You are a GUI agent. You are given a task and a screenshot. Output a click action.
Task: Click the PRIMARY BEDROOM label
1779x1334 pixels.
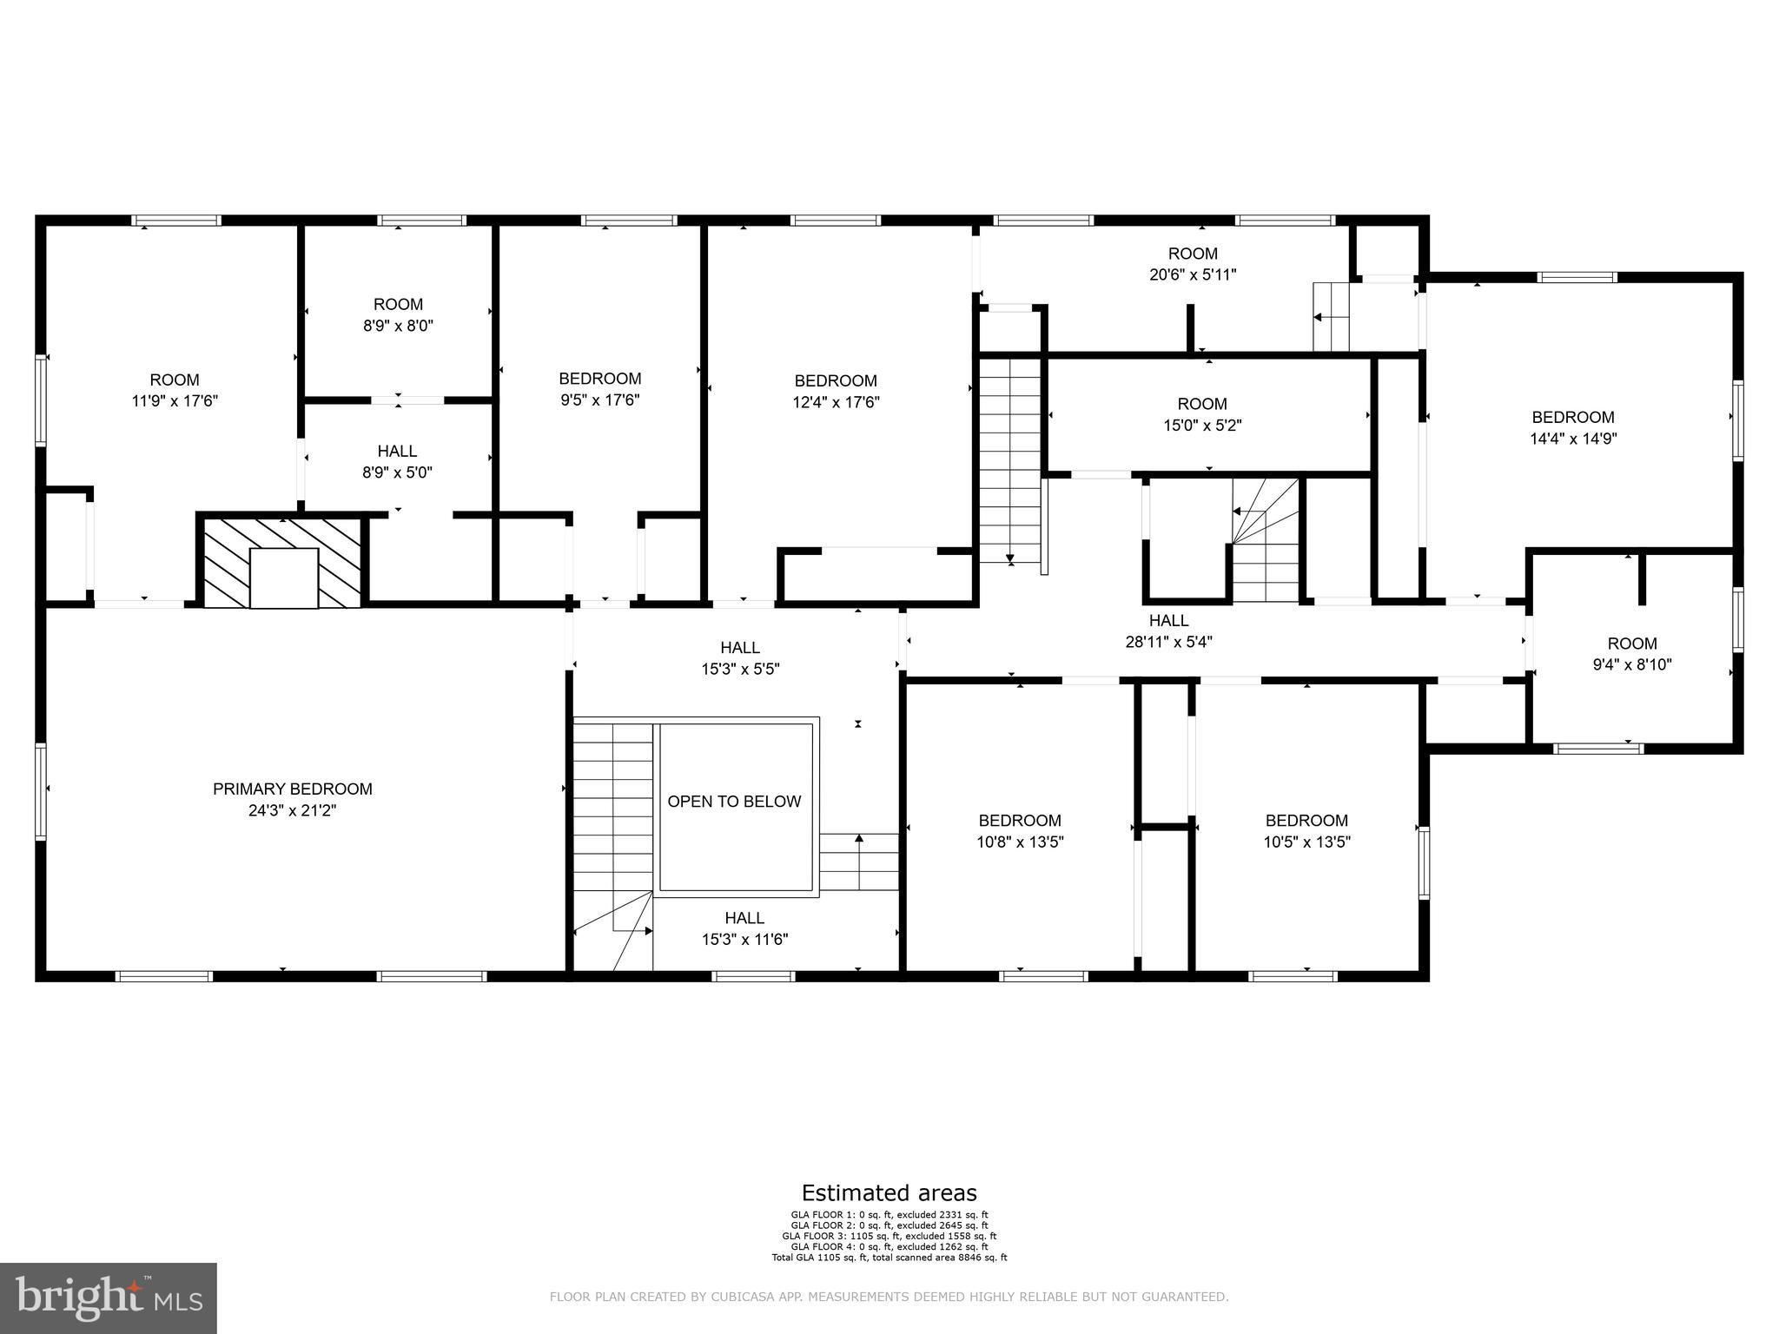pos(292,789)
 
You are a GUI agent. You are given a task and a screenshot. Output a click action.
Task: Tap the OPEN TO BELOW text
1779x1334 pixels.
pos(734,802)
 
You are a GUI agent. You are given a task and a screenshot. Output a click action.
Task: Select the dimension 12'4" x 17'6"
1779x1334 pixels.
pos(836,402)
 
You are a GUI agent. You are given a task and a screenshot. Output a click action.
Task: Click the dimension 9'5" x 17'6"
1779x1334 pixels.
pos(599,400)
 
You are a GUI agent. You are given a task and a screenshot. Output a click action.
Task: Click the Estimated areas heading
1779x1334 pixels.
pos(889,1192)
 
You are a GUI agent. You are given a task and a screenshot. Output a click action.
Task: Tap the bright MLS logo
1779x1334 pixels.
pos(108,1298)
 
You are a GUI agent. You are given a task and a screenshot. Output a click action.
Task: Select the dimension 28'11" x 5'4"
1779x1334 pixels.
pos(1168,643)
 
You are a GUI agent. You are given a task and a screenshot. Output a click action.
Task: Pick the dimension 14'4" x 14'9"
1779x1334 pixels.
pos(1572,439)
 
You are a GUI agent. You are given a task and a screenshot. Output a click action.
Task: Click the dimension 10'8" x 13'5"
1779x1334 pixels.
pos(1020,842)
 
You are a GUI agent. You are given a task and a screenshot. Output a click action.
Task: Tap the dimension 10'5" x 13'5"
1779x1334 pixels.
pos(1306,842)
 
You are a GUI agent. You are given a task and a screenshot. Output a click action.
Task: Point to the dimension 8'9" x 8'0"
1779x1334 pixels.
pos(398,326)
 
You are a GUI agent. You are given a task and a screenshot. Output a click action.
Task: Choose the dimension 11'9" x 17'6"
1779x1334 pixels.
pos(174,401)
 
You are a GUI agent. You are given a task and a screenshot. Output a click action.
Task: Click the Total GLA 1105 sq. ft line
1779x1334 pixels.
pos(889,1257)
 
